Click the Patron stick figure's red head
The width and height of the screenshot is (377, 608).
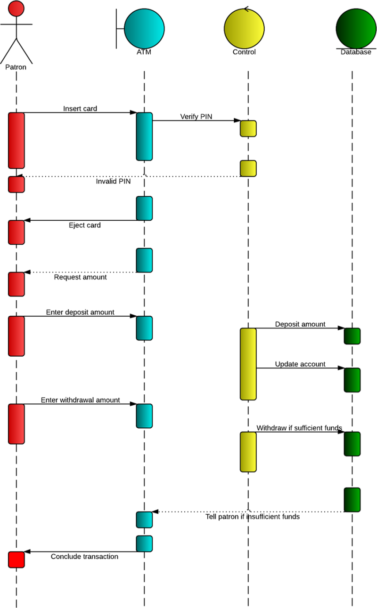pyautogui.click(x=16, y=8)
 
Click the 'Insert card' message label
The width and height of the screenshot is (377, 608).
pyautogui.click(x=80, y=109)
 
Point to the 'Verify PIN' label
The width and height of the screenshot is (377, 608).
pyautogui.click(x=196, y=117)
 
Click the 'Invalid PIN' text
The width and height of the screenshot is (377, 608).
pyautogui.click(x=113, y=181)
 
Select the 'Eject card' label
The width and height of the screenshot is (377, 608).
pyautogui.click(x=84, y=225)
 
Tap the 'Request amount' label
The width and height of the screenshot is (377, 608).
pyautogui.click(x=80, y=277)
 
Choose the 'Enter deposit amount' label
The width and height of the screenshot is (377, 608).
pyautogui.click(x=80, y=312)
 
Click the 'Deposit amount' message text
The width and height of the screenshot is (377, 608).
pyautogui.click(x=300, y=324)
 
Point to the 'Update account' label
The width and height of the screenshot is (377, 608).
pyautogui.click(x=300, y=364)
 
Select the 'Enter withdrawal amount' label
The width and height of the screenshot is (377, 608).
pyautogui.click(x=80, y=400)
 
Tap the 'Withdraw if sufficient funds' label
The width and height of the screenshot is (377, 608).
pyautogui.click(x=299, y=428)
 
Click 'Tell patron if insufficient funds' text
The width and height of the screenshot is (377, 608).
pyautogui.click(x=253, y=517)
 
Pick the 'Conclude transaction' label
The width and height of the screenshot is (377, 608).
pyautogui.click(x=84, y=557)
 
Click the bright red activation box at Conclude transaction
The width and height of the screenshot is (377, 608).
pyautogui.click(x=16, y=560)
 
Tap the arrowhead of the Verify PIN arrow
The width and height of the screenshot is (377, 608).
pyautogui.click(x=238, y=120)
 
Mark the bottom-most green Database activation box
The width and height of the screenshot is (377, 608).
pyautogui.click(x=352, y=500)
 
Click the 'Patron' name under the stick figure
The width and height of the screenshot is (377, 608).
pyautogui.click(x=16, y=67)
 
